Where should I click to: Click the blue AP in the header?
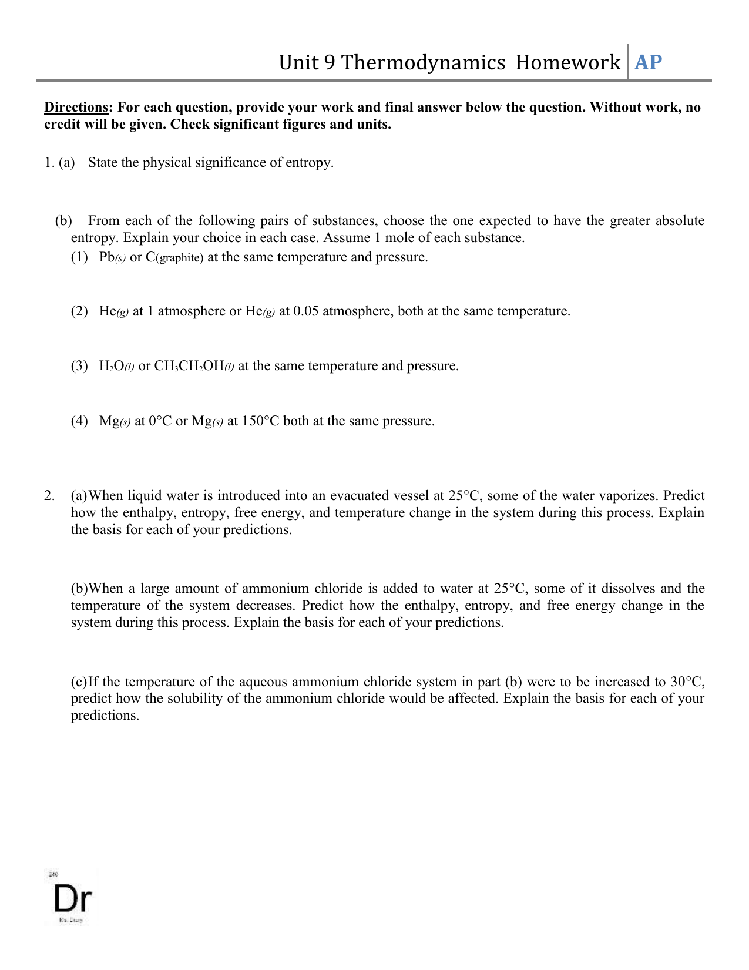pos(648,62)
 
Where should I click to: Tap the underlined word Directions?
pos(76,108)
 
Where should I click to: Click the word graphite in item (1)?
pos(179,258)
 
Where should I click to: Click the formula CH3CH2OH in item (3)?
pos(189,366)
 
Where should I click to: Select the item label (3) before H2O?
pos(79,366)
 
